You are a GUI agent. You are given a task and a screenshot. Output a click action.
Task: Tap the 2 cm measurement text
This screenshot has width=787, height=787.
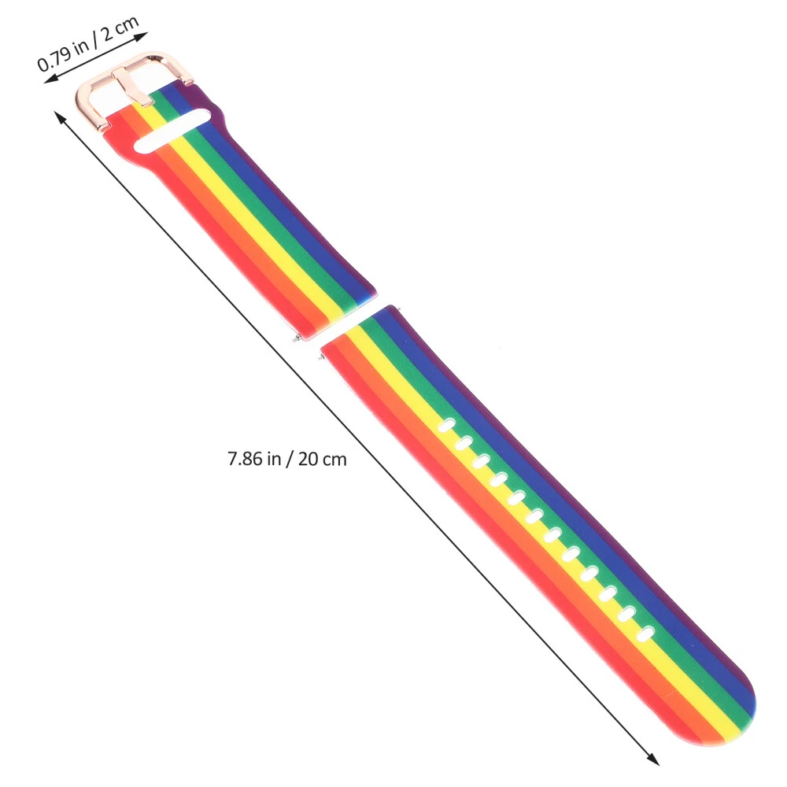pos(120,30)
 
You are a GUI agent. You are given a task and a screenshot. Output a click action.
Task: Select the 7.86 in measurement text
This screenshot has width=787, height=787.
pos(254,459)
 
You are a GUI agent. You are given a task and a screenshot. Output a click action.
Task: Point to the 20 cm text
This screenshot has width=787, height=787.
pos(322,460)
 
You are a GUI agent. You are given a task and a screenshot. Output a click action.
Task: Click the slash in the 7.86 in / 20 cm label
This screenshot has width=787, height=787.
pos(290,460)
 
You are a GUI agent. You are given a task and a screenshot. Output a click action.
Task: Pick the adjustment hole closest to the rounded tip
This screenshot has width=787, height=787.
pos(645,634)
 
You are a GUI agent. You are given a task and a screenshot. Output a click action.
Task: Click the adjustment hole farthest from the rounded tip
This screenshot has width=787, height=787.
pos(447,426)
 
